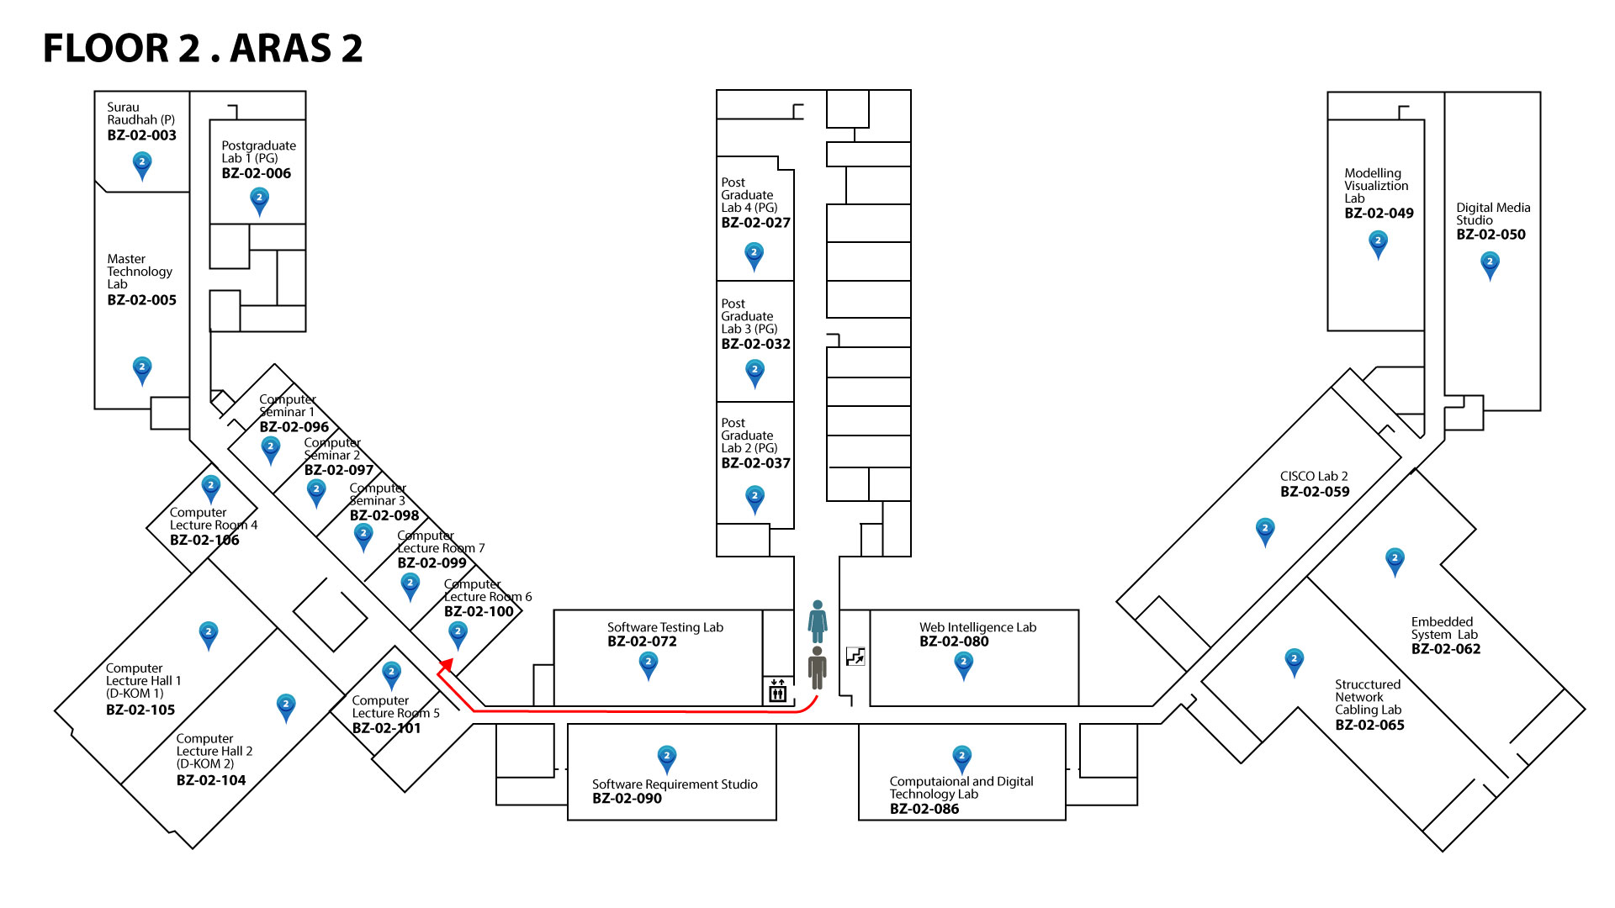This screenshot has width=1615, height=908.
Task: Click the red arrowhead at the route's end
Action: coord(447,666)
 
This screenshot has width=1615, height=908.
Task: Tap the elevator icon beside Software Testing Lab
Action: coord(777,691)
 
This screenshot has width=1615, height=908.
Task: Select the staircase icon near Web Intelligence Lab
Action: coord(855,657)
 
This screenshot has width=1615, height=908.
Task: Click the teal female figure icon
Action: coord(817,621)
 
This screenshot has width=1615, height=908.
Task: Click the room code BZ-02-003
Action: coord(141,135)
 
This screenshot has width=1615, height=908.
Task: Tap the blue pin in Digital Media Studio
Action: coord(1490,265)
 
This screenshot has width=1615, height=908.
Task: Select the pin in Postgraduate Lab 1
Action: coord(259,200)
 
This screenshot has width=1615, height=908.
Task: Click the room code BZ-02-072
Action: coord(642,641)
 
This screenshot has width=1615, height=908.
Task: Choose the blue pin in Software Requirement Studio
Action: coord(667,758)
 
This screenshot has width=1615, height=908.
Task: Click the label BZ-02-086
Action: coord(924,809)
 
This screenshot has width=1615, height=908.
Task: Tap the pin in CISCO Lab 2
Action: coord(1265,531)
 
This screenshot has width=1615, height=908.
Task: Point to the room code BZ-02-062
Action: coord(1445,649)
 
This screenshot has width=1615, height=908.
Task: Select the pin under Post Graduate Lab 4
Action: coord(754,255)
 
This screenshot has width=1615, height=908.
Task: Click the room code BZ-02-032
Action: coord(755,344)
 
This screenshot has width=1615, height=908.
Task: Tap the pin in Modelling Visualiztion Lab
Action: coord(1378,243)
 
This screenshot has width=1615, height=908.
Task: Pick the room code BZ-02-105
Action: coord(140,710)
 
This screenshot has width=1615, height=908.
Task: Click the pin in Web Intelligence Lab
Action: coord(964,664)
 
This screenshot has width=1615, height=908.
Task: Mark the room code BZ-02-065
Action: coord(1369,725)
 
